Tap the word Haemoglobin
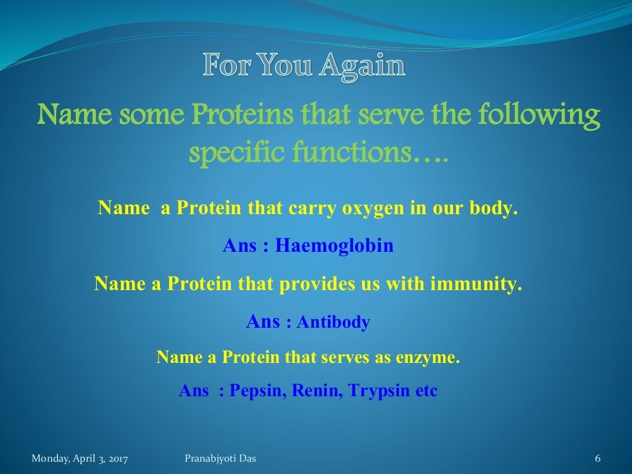tap(334, 246)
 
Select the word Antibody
tap(333, 322)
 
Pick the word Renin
tap(318, 391)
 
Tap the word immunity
tap(476, 285)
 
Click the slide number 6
tap(597, 458)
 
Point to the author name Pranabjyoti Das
tap(220, 458)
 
